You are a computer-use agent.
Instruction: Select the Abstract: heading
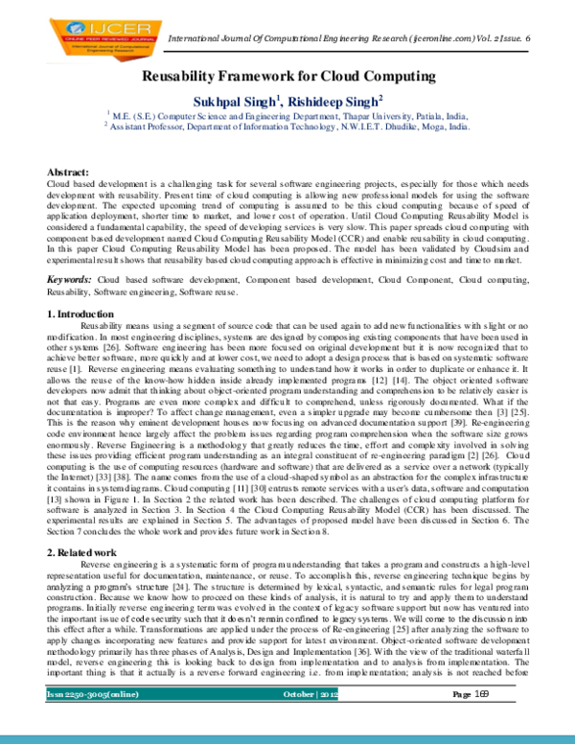[67, 171]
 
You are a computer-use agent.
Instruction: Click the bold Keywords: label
[70, 278]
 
